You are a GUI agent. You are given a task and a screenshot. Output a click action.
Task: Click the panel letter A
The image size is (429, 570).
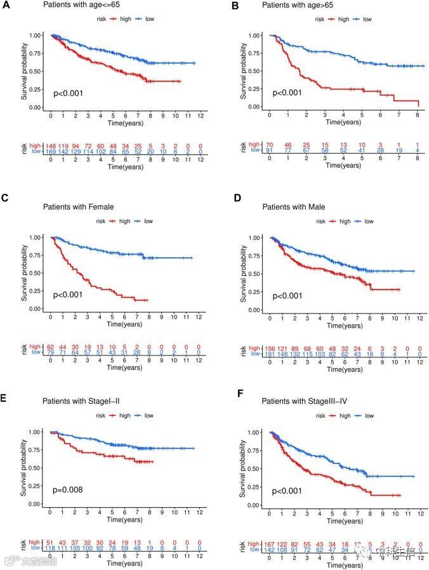[6, 5]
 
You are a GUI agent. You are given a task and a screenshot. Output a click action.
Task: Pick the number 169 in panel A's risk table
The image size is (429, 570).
[51, 152]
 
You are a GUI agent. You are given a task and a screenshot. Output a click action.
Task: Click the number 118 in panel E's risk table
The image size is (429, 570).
[51, 548]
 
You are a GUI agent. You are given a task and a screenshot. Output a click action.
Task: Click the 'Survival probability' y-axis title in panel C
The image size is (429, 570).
[25, 274]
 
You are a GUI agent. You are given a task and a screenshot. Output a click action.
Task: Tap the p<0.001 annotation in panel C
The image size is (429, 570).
[68, 295]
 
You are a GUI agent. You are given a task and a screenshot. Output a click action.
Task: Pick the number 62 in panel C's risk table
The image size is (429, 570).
[51, 347]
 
